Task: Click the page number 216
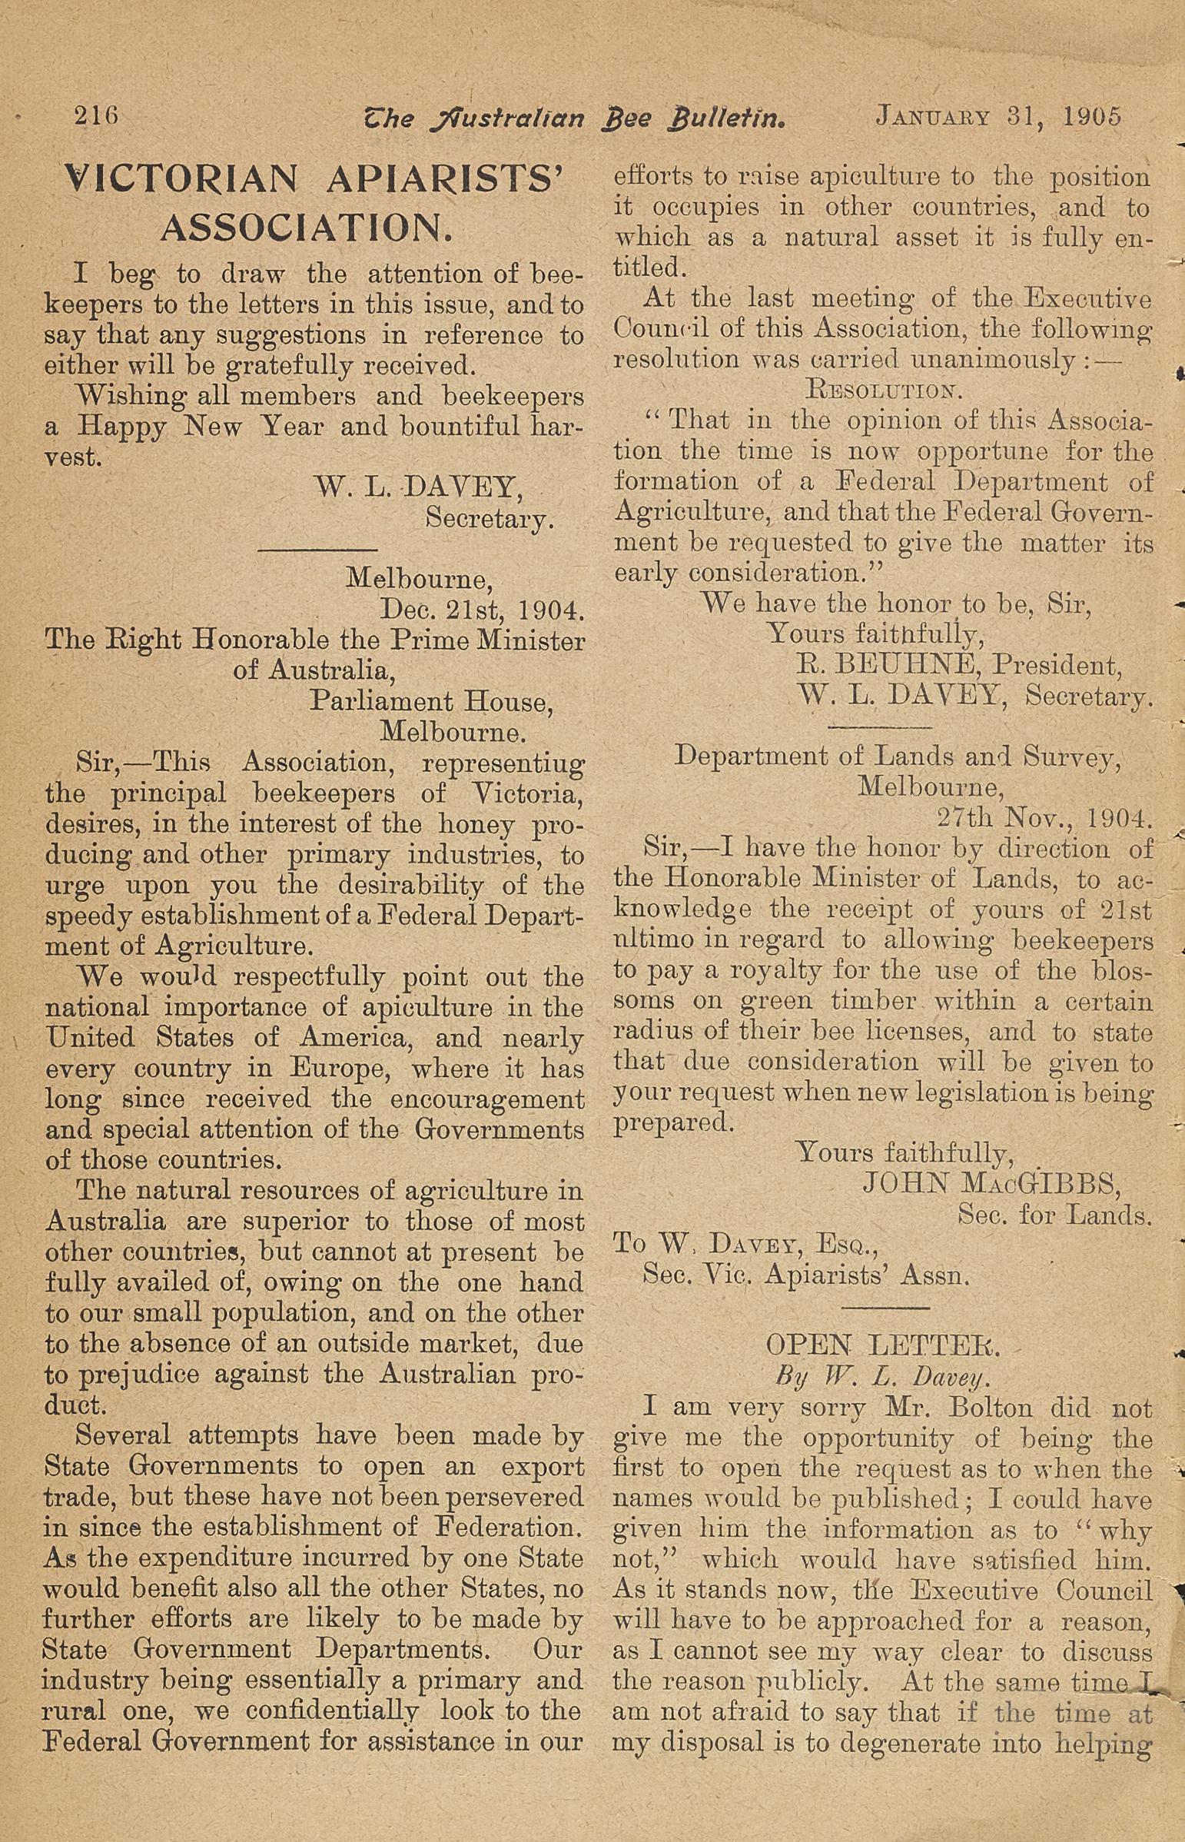pyautogui.click(x=95, y=116)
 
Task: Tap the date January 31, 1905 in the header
pyautogui.click(x=998, y=117)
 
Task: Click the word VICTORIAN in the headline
pyautogui.click(x=181, y=180)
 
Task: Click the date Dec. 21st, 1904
pyautogui.click(x=483, y=610)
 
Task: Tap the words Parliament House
pyautogui.click(x=430, y=701)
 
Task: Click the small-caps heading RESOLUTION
pyautogui.click(x=884, y=390)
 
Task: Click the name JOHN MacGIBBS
pyautogui.click(x=992, y=1183)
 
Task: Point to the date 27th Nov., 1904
pyautogui.click(x=1044, y=816)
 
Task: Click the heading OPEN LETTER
pyautogui.click(x=883, y=1346)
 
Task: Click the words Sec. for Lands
pyautogui.click(x=1054, y=1215)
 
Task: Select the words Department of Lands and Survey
pyautogui.click(x=898, y=756)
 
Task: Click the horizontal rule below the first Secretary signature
pyautogui.click(x=317, y=550)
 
